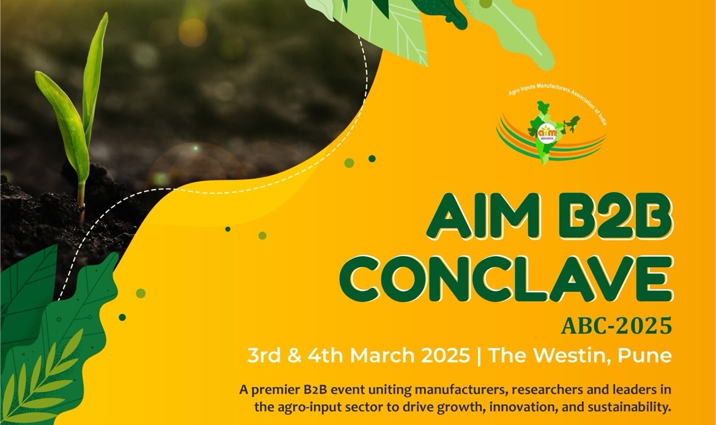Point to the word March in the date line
[x=384, y=355]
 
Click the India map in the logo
[x=551, y=131]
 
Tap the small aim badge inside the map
[x=545, y=132]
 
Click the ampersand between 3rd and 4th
[x=294, y=356]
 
